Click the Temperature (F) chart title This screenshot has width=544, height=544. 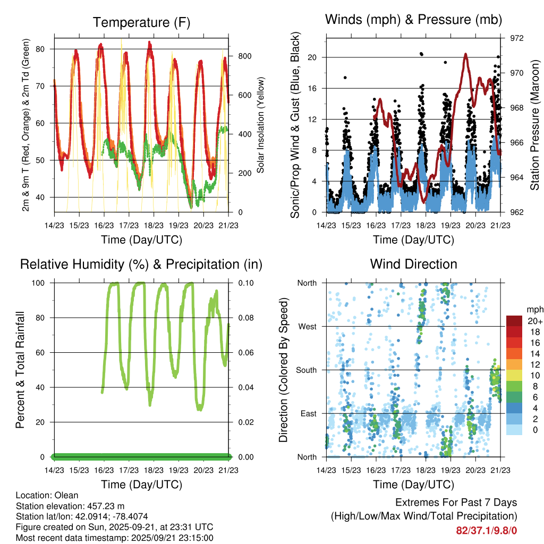[141, 22]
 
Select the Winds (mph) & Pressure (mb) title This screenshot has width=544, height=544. [413, 20]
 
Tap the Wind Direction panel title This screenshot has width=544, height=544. [413, 263]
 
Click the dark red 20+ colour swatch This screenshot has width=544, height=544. [514, 321]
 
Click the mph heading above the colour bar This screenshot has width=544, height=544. [533, 309]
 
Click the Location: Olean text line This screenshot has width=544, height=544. [47, 495]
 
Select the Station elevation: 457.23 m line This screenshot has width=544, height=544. [70, 506]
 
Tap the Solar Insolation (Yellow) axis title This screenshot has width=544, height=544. [261, 125]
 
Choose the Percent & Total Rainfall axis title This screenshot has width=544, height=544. [20, 370]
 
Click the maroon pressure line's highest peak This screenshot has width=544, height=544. [465, 54]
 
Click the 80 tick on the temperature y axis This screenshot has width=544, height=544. [46, 49]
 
